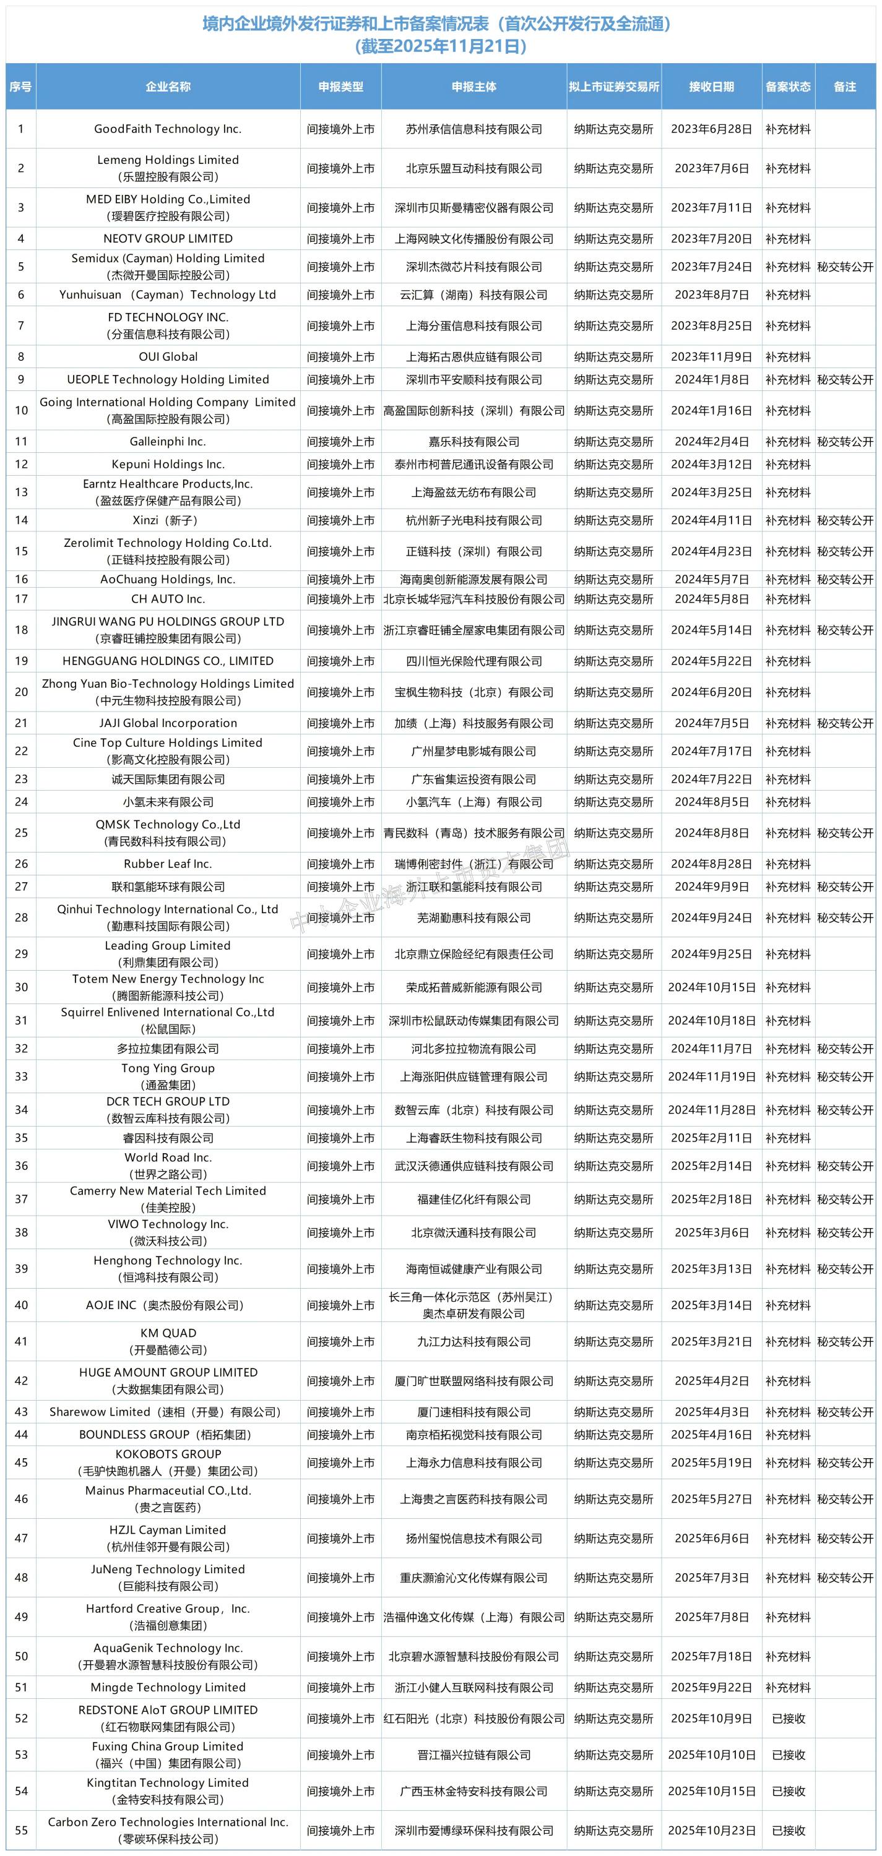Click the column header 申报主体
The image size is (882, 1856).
pyautogui.click(x=473, y=87)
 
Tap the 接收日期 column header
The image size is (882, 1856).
pyautogui.click(x=711, y=87)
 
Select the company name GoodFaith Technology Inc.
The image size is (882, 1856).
pyautogui.click(x=168, y=129)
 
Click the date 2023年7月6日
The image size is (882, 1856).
pyautogui.click(x=711, y=169)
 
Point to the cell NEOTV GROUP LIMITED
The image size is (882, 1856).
pyautogui.click(x=168, y=238)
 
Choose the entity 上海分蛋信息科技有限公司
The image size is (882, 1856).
pyautogui.click(x=473, y=325)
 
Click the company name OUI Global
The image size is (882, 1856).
pyautogui.click(x=168, y=356)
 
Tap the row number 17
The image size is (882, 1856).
pyautogui.click(x=21, y=599)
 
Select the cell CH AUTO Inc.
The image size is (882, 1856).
pyautogui.click(x=168, y=599)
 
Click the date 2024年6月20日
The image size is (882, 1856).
pyautogui.click(x=711, y=692)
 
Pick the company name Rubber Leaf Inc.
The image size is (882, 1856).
pyautogui.click(x=168, y=864)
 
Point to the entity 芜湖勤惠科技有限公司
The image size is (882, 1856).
pyautogui.click(x=473, y=917)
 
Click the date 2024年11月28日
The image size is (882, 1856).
pyautogui.click(x=711, y=1109)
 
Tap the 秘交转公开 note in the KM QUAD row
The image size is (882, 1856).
pyautogui.click(x=844, y=1341)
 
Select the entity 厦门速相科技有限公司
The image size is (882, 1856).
pyautogui.click(x=473, y=1412)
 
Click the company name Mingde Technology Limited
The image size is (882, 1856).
pyautogui.click(x=168, y=1687)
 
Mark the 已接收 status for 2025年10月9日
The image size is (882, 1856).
pyautogui.click(x=789, y=1719)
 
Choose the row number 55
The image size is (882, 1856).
pyautogui.click(x=21, y=1830)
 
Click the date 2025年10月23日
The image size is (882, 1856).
pyautogui.click(x=711, y=1830)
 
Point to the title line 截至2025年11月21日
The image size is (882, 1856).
pyautogui.click(x=440, y=47)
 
